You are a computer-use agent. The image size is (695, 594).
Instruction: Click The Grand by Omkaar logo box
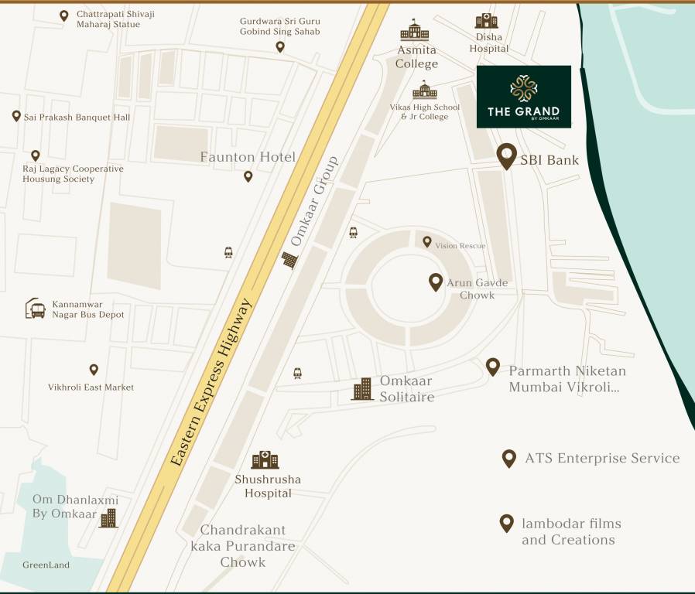(523, 97)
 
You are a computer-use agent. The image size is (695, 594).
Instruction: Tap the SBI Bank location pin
(506, 156)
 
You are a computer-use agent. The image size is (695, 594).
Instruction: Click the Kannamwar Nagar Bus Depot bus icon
(35, 309)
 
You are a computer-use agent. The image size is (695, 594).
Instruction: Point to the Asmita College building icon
(414, 31)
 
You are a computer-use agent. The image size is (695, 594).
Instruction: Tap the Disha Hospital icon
(487, 20)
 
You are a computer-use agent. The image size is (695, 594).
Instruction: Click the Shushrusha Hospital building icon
(265, 459)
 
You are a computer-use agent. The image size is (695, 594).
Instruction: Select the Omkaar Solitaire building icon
(361, 389)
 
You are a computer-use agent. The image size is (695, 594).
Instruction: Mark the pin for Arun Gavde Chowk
(436, 282)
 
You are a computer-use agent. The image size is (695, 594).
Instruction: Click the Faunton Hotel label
(248, 157)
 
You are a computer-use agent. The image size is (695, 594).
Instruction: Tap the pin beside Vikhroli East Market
(94, 370)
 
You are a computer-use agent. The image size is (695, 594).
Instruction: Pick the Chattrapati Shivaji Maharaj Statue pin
(63, 15)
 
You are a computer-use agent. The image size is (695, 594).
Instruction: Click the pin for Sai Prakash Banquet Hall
(16, 116)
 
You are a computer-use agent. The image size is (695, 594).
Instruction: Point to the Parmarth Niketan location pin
(493, 367)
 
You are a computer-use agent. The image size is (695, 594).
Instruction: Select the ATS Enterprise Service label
(602, 459)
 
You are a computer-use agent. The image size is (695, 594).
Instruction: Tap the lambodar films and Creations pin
(506, 524)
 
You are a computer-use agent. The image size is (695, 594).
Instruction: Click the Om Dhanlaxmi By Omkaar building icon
(108, 517)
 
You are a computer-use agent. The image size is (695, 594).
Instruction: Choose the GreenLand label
(46, 565)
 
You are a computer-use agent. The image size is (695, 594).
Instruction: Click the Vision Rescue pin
(426, 242)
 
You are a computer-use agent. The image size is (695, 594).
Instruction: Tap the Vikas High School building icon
(424, 90)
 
